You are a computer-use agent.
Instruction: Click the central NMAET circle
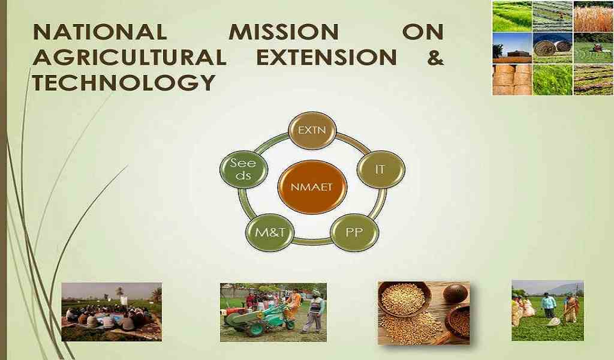312,187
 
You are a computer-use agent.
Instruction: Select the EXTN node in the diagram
312,130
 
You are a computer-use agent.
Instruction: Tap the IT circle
381,170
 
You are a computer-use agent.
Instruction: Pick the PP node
354,232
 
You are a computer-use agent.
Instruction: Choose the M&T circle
269,232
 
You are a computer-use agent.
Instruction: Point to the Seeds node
243,169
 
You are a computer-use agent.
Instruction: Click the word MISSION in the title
284,32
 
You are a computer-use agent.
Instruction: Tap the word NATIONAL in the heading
100,32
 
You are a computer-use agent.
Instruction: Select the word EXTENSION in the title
327,58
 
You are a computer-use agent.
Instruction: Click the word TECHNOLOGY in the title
124,83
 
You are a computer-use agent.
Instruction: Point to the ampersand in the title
435,58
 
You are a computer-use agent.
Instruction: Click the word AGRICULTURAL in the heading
130,58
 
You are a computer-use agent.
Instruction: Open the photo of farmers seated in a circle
112,312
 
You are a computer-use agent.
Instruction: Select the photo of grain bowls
424,313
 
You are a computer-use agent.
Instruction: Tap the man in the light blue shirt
549,305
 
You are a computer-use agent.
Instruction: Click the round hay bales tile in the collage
552,48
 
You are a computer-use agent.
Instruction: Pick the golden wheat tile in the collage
593,16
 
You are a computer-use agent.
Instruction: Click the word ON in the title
423,32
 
